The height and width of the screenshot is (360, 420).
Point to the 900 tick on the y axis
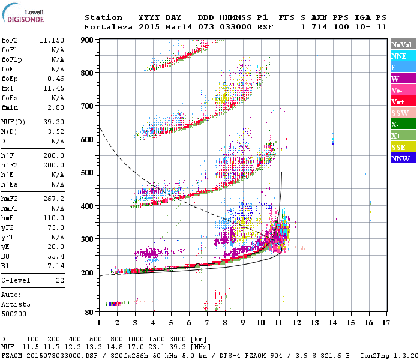(x=89, y=40)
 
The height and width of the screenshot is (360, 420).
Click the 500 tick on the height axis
(x=89, y=173)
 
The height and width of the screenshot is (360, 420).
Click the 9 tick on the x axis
(x=242, y=323)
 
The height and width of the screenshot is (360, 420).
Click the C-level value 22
(x=59, y=280)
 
